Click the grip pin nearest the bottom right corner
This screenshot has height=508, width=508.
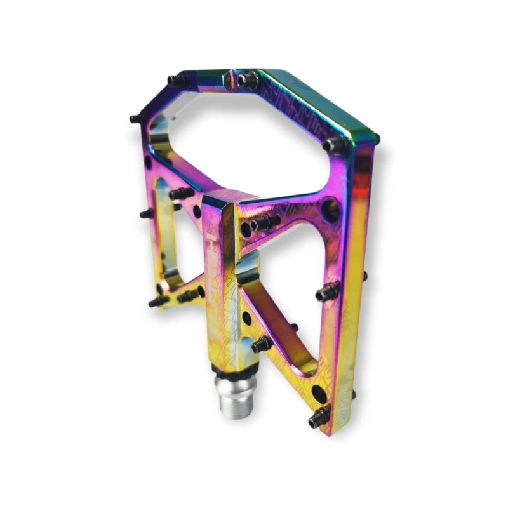point(318,418)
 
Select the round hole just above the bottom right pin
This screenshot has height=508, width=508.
point(319,394)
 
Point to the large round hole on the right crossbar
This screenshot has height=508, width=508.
point(330,209)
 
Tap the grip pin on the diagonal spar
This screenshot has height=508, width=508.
point(261,345)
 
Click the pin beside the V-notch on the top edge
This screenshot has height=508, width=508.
point(248,80)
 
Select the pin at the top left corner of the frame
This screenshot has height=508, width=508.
point(177,81)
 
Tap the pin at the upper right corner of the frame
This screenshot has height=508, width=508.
point(335,145)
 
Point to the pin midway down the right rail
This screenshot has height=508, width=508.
point(326,291)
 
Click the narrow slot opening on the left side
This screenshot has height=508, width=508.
point(164,229)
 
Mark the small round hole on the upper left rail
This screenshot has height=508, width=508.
point(149,162)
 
